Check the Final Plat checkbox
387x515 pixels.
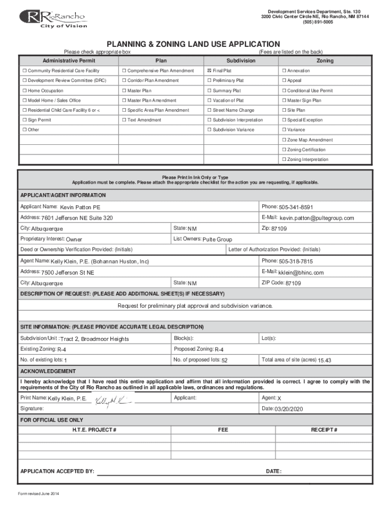[210, 71]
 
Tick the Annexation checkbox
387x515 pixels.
[284, 71]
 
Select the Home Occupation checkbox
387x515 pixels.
[24, 91]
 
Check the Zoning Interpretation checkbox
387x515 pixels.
[284, 159]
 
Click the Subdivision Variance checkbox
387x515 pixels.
[210, 130]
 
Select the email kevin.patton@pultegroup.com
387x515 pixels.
[317, 218]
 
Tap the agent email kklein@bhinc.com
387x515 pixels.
[301, 273]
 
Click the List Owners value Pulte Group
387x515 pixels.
[217, 239]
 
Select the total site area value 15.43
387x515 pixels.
[324, 360]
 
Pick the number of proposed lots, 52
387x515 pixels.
[224, 360]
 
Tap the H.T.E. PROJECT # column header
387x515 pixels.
[94, 430]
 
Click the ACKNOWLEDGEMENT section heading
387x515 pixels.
[48, 371]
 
